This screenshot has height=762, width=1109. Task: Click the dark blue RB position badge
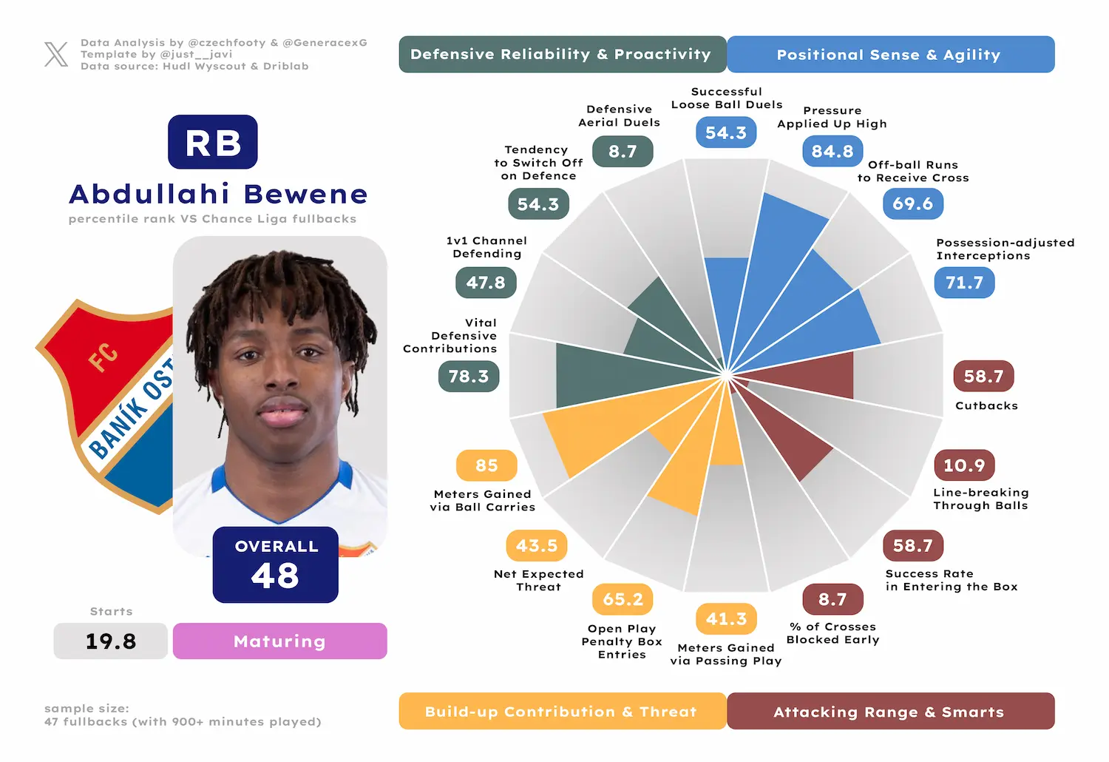coord(212,142)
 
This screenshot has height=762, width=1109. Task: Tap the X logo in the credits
coord(56,55)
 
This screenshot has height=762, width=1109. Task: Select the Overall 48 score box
coord(275,564)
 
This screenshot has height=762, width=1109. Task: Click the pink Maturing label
coord(279,641)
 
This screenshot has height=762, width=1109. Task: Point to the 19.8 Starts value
coord(110,641)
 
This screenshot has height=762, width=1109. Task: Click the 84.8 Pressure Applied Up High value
coord(832,151)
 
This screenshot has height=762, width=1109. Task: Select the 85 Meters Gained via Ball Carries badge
coord(486,465)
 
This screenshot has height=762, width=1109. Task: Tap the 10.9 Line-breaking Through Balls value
coord(964,465)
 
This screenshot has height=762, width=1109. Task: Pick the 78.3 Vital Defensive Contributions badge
coord(468,377)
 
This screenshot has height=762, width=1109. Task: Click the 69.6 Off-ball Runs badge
coord(912,203)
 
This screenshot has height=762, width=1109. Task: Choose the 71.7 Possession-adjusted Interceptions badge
coord(964,283)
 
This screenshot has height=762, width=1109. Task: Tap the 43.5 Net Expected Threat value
coord(536,545)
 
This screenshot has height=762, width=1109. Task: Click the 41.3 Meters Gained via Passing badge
coord(726,618)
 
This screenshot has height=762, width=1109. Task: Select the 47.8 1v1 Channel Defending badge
coord(486,283)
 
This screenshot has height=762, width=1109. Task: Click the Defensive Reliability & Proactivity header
coord(563,55)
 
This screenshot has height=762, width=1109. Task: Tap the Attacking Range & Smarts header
coord(890,711)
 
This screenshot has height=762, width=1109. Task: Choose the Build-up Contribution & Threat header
coord(563,711)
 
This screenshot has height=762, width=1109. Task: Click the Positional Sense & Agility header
coord(890,55)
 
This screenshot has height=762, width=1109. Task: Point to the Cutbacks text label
coord(986,405)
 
